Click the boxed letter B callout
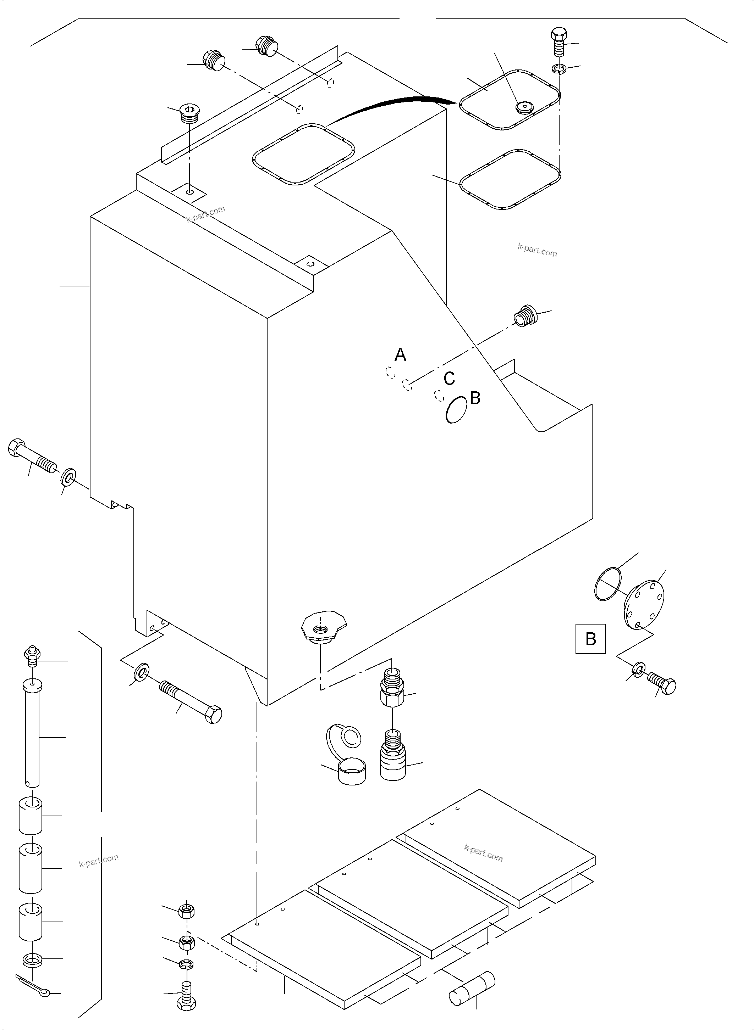coord(590,639)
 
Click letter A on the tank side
coord(400,355)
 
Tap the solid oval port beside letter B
coord(456,409)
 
